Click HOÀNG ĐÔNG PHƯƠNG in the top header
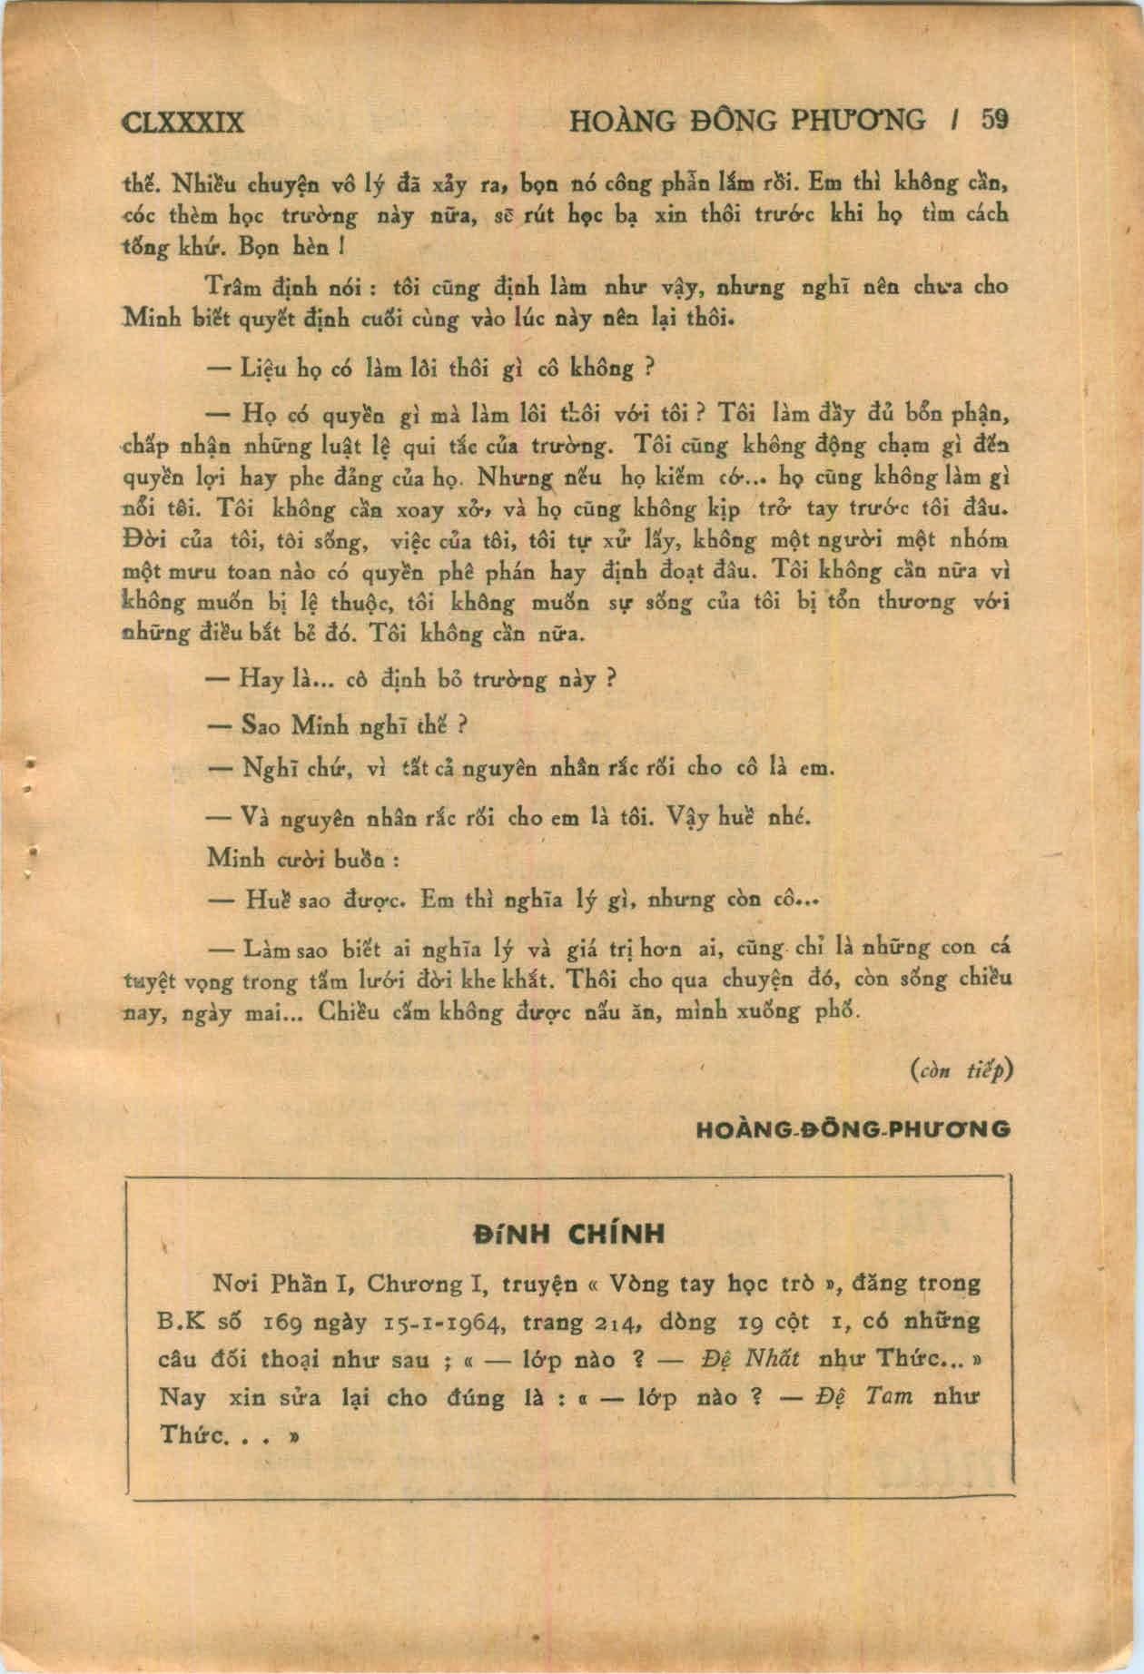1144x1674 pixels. (x=748, y=120)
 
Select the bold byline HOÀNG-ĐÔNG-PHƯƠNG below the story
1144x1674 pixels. (x=853, y=1129)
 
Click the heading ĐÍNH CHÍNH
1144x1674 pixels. (x=569, y=1234)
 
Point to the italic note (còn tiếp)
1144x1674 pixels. (x=960, y=1070)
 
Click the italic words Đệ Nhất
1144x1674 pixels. (x=751, y=1359)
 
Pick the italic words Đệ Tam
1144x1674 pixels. (x=863, y=1396)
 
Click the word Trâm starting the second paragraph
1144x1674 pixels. (x=233, y=286)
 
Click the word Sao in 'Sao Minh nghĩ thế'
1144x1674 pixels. (x=262, y=726)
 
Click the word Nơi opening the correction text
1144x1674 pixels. (x=232, y=1284)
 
